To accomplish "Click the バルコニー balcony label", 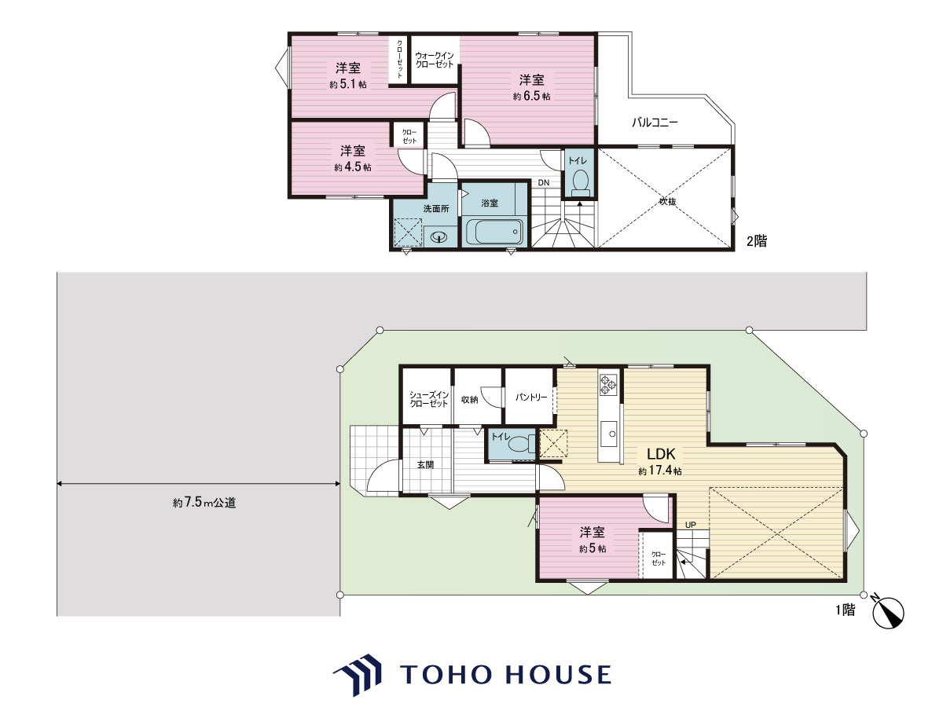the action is click(655, 123).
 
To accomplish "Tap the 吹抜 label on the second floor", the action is click(668, 201).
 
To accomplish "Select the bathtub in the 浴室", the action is click(494, 232).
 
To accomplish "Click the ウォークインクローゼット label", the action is click(435, 60).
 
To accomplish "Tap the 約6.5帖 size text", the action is click(531, 96).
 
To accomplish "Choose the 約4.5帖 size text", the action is click(353, 167).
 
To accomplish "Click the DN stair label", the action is click(544, 182).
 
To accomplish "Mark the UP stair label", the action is click(691, 525).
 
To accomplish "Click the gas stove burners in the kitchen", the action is click(608, 384).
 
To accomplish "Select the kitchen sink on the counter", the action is click(610, 434).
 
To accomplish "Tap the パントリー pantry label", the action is click(531, 397).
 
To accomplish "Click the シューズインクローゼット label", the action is click(429, 399).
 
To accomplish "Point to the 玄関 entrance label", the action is click(425, 465).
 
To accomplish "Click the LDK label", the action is click(661, 454).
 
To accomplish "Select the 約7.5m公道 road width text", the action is click(204, 503).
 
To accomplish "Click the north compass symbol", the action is click(887, 612).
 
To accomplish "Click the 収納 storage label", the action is click(470, 400).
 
